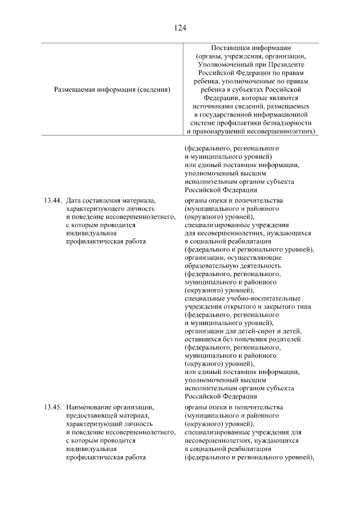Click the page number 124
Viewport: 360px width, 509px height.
pos(180,27)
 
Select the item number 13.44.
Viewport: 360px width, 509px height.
pos(52,200)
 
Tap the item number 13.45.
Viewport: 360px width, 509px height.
pos(52,407)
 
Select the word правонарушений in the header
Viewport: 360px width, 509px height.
pos(218,131)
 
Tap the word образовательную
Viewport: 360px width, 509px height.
pos(211,265)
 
